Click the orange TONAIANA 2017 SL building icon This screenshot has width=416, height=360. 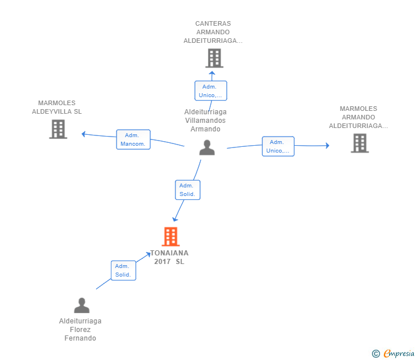click(171, 237)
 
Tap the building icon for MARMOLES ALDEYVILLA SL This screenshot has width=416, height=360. click(58, 129)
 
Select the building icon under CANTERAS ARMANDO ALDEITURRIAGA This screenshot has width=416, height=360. click(214, 58)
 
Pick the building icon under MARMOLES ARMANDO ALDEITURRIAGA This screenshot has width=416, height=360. click(360, 143)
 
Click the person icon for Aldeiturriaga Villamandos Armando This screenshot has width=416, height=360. click(207, 147)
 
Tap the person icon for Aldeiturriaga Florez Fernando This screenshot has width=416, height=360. click(82, 305)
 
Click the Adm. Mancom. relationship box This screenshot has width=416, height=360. click(133, 139)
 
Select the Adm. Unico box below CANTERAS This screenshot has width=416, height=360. click(211, 91)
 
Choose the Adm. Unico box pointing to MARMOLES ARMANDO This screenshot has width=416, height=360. click(278, 146)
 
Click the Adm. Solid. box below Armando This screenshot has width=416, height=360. click(187, 190)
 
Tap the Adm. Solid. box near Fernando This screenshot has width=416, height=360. click(123, 271)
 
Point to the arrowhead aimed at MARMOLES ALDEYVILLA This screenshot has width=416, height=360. click(83, 134)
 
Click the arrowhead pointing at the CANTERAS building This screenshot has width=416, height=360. click(211, 73)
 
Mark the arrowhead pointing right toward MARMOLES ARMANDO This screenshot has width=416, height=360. click(327, 145)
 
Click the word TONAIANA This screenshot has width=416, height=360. click(170, 253)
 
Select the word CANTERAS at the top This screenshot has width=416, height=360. click(213, 23)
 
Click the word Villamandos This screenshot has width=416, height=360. click(205, 121)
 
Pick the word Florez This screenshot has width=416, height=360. click(80, 330)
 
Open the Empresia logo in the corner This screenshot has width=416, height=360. click(393, 353)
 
